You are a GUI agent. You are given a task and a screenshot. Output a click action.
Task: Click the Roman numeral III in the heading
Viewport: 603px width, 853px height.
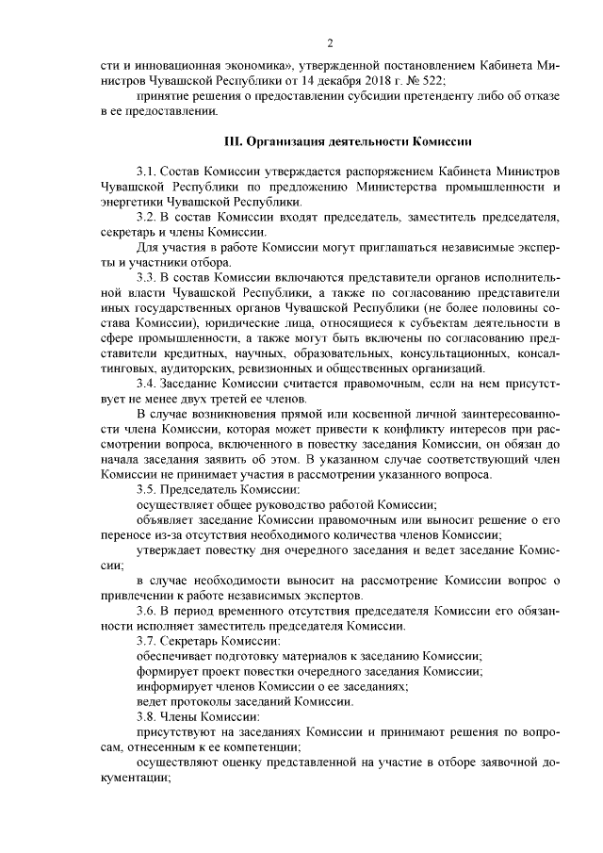(231, 142)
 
